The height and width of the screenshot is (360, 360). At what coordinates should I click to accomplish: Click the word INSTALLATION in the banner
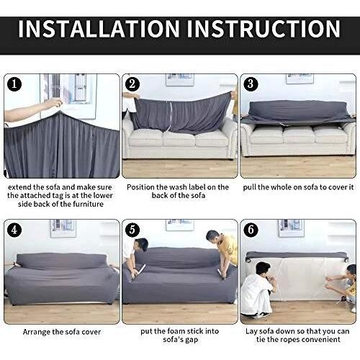[99, 29]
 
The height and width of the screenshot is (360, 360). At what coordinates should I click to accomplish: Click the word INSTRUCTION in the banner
[264, 29]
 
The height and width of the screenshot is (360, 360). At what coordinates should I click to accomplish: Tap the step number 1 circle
[14, 84]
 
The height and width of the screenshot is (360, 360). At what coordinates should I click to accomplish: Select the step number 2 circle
[132, 84]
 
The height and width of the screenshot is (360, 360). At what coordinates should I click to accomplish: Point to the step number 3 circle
[251, 84]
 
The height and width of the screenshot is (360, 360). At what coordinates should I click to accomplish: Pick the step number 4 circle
[14, 230]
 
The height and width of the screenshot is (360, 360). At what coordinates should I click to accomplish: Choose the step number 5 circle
[132, 230]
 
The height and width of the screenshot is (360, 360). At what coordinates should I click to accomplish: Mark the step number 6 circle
[251, 230]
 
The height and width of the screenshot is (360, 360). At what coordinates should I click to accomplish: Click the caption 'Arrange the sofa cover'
[62, 332]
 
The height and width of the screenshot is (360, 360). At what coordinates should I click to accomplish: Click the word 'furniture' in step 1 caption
[89, 204]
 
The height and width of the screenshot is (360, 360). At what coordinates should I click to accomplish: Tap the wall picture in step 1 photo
[70, 96]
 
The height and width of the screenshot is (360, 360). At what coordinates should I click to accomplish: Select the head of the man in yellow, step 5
[213, 238]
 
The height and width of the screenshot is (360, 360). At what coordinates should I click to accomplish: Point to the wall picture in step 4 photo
[63, 228]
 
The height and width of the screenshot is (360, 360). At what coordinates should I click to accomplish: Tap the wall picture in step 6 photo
[291, 228]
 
